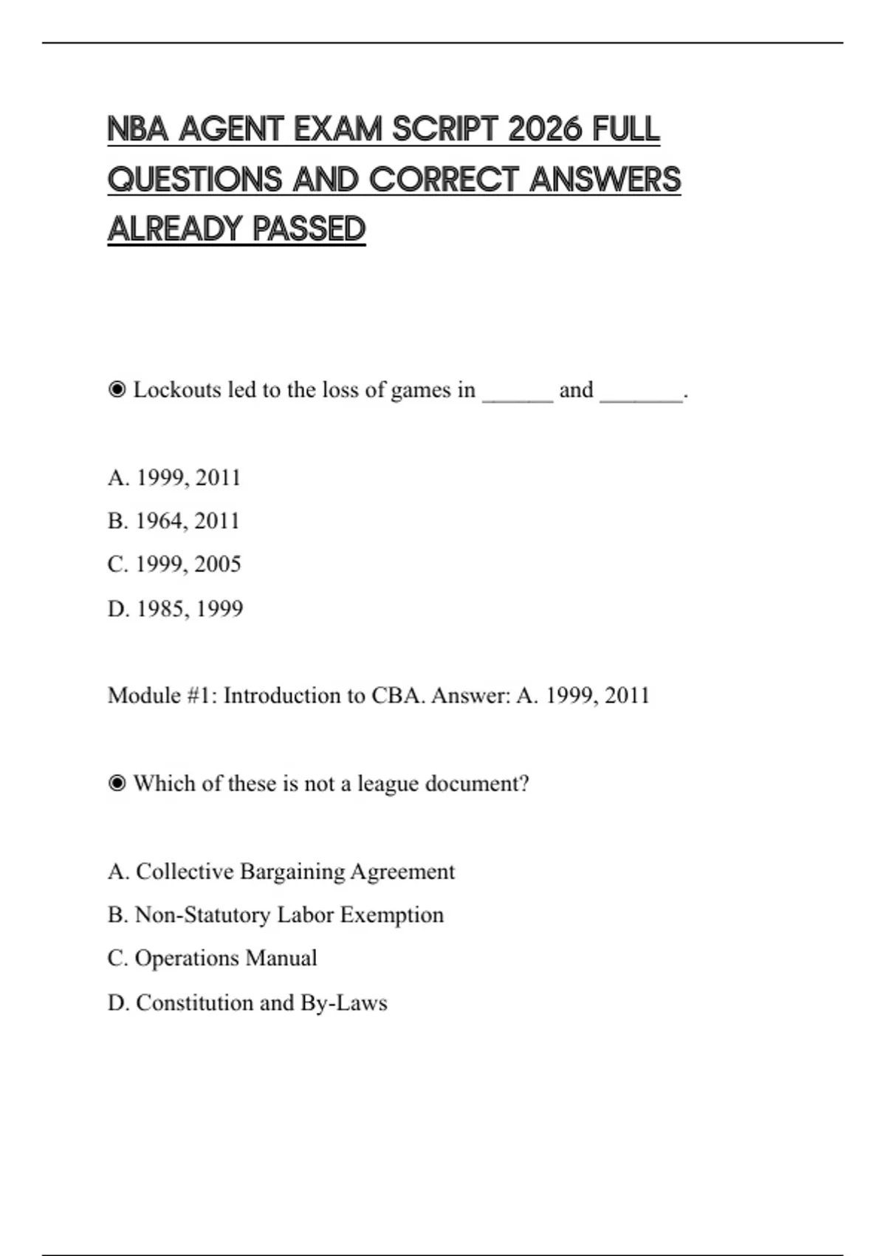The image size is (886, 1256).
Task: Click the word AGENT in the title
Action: (230, 130)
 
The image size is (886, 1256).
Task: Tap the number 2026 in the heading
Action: (546, 130)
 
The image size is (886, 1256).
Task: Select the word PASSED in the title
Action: (309, 229)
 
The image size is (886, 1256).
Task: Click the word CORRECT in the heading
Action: (442, 180)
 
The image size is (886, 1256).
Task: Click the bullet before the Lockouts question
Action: (117, 389)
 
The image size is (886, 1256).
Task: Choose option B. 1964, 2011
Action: (174, 521)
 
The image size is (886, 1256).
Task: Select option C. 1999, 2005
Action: (174, 564)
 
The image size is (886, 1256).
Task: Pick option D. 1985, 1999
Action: (175, 609)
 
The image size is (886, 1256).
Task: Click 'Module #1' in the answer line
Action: (162, 695)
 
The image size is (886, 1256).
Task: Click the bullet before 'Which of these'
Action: (117, 783)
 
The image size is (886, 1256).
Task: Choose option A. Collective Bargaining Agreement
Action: (281, 872)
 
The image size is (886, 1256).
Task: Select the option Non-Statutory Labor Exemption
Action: (275, 915)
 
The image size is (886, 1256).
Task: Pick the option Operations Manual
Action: (212, 958)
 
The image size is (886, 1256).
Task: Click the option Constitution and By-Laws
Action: (247, 1003)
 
